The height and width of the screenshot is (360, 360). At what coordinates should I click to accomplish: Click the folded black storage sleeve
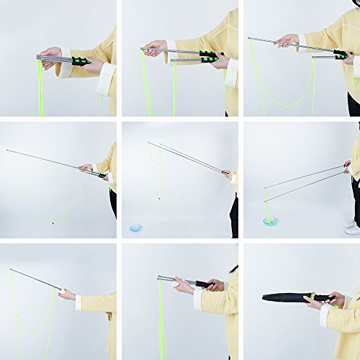click(288, 297)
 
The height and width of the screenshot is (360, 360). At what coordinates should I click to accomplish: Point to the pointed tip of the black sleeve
click(264, 297)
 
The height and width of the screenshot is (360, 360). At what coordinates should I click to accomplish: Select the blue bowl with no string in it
click(136, 228)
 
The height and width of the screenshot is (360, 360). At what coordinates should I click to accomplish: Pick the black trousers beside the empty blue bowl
click(234, 216)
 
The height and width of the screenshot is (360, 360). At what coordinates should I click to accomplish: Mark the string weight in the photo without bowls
click(53, 222)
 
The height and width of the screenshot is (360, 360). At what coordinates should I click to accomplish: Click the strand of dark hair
click(233, 270)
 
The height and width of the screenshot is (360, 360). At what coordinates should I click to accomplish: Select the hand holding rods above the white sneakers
click(347, 166)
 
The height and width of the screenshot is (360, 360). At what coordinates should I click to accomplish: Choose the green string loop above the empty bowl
click(154, 173)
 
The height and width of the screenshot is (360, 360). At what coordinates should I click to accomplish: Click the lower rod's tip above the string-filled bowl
click(265, 199)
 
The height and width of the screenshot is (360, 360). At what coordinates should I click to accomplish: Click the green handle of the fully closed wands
click(78, 61)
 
